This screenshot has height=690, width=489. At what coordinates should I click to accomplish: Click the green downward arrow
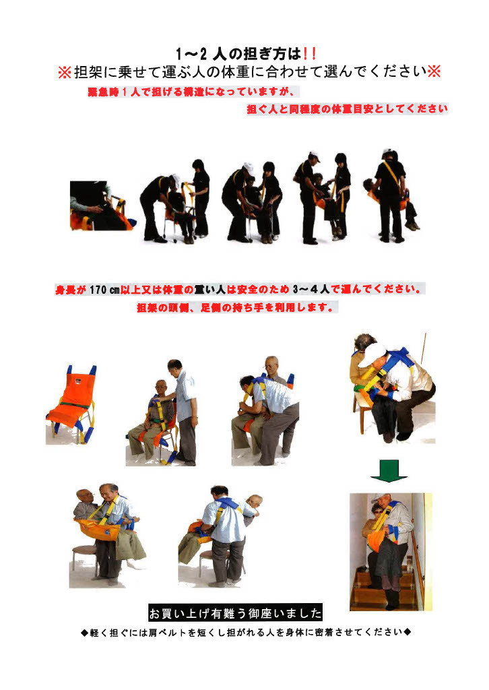[389, 470]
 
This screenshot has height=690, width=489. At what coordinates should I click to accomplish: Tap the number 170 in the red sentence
[98, 290]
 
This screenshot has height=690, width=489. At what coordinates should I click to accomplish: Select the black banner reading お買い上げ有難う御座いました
[235, 613]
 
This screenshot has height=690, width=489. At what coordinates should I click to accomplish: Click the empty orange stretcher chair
[71, 404]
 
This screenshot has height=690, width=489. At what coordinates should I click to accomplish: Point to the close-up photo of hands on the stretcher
[102, 206]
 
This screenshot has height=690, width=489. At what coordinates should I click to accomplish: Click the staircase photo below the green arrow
[391, 552]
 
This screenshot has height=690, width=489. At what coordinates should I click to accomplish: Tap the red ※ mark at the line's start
[65, 72]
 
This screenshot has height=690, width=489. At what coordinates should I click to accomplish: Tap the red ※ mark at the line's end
[434, 71]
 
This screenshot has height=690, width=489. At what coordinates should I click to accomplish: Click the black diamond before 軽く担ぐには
[84, 633]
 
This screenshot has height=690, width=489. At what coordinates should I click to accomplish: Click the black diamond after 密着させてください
[407, 632]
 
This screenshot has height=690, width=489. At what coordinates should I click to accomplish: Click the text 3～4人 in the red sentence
[311, 289]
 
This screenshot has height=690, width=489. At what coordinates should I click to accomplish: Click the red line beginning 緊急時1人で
[191, 92]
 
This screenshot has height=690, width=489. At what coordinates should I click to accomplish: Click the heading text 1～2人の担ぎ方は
[238, 54]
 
